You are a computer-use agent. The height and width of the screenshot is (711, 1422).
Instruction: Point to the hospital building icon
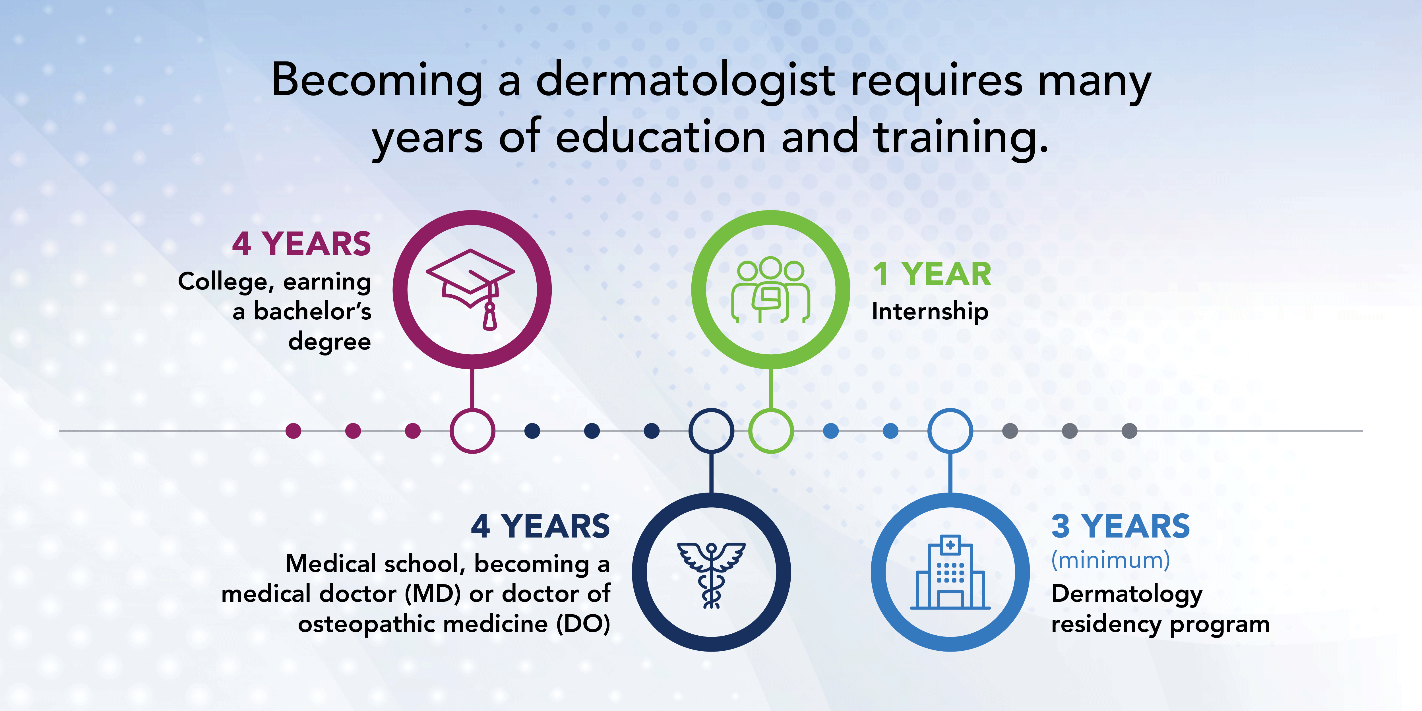950,573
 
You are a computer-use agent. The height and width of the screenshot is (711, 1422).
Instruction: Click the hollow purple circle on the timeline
472,431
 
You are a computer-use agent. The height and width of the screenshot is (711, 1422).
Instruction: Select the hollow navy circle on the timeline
711,431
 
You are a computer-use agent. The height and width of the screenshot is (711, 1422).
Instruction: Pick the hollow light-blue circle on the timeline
950,431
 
